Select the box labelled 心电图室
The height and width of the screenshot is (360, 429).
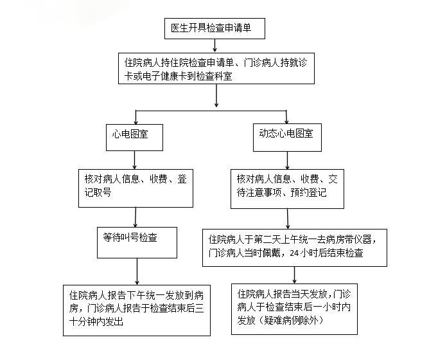132,136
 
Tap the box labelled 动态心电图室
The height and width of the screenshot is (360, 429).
286,136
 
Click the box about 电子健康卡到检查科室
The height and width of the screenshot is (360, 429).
219,68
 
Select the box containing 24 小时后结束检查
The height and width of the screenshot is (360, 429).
295,247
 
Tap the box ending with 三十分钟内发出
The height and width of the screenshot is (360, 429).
137,309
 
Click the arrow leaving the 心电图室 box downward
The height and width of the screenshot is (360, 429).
134,159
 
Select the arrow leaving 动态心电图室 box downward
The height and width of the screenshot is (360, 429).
286,159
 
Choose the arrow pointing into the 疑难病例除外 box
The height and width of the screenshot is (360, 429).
295,274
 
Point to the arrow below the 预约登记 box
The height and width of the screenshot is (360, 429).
286,218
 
